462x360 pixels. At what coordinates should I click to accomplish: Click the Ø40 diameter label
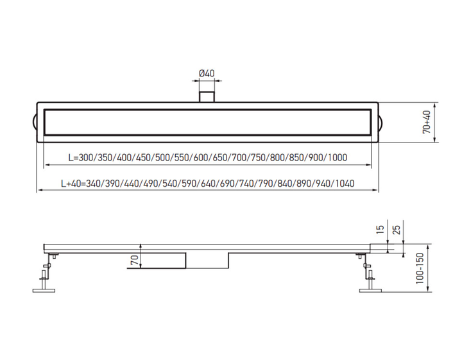tap(207, 73)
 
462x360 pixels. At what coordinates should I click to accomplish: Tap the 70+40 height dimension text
tap(427, 122)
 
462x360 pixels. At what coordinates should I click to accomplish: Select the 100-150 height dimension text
tap(420, 268)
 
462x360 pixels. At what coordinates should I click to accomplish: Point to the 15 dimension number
tap(381, 230)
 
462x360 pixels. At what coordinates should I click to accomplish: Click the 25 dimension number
tap(397, 230)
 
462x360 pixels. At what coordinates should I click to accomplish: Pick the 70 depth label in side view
tap(134, 260)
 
